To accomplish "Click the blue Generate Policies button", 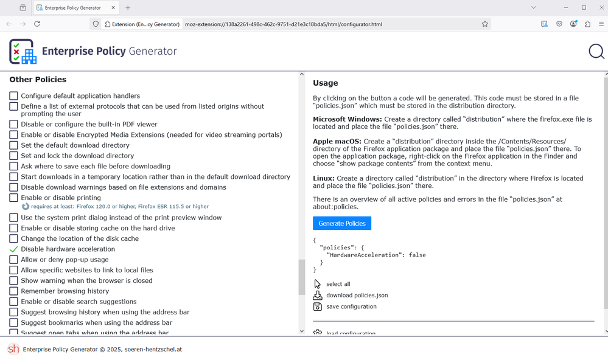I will tap(342, 223).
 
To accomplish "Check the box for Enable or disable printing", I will tap(13, 198).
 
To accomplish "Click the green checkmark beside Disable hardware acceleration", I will tap(13, 249).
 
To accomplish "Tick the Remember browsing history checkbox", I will tap(13, 291).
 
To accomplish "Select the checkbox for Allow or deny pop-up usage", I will tap(13, 260).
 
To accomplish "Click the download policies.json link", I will tap(357, 296).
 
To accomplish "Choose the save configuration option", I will tap(351, 306).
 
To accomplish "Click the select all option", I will tap(338, 284).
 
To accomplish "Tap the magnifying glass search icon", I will tap(596, 52).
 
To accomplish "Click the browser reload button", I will tap(37, 24).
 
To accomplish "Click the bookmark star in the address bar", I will tap(485, 24).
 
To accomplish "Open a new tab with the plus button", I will tap(128, 8).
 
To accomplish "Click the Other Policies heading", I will tap(38, 80).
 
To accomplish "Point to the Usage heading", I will tap(325, 83).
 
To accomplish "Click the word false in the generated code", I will tap(418, 255).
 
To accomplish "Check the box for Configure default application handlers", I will tap(13, 96).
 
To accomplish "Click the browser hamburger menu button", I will tap(601, 24).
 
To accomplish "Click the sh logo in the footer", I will tap(13, 349).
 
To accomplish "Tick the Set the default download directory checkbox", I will tap(13, 145).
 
